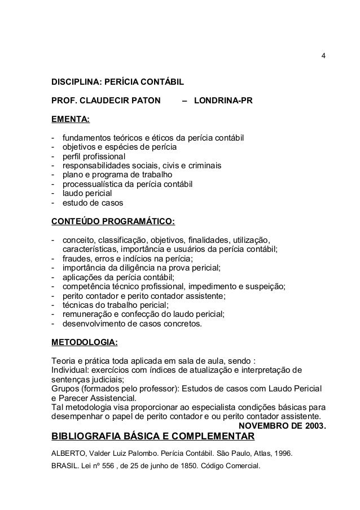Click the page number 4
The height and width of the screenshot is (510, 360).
pos(323,56)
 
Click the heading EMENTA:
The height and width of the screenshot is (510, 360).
pos(71,120)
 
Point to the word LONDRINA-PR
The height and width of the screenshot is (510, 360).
pos(223,101)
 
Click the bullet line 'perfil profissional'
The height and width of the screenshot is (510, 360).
pos(95,156)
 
